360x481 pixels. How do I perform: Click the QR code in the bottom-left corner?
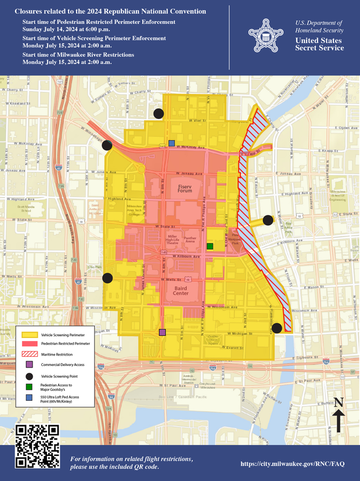(37, 446)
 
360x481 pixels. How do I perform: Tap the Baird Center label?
(181, 290)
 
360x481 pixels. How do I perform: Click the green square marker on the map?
(210, 246)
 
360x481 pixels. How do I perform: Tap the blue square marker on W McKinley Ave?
(171, 143)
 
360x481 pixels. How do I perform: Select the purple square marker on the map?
(162, 332)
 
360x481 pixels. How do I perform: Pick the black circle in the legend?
(29, 375)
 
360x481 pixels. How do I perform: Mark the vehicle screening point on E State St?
(268, 220)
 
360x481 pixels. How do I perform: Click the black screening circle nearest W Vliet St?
(158, 114)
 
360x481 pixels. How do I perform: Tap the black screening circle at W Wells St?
(107, 278)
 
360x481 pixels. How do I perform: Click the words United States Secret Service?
(319, 44)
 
